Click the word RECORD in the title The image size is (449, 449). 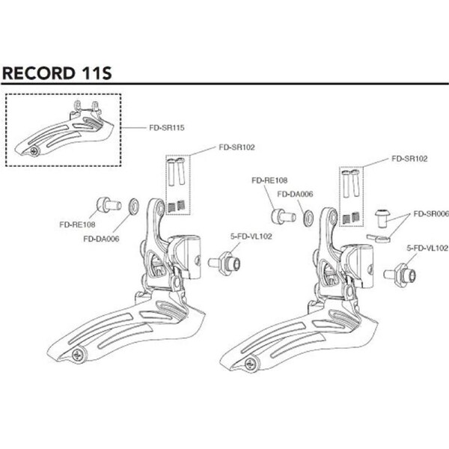click(36, 73)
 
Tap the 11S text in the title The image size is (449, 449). click(94, 73)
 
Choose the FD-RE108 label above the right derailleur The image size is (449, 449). click(270, 180)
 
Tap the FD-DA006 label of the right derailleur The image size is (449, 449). click(295, 194)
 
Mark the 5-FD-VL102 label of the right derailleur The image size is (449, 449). click(427, 247)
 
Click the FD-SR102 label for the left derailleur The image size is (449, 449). click(237, 147)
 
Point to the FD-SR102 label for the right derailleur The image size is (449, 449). click(409, 159)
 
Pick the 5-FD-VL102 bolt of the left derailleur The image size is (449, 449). click(224, 263)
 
